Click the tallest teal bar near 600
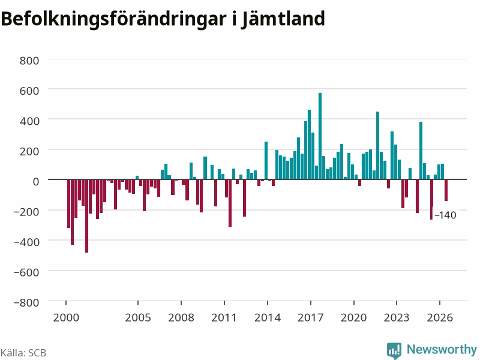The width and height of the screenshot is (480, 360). pyautogui.click(x=320, y=136)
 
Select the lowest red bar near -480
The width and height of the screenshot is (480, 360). pyautogui.click(x=86, y=216)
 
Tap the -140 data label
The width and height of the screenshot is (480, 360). pyautogui.click(x=445, y=215)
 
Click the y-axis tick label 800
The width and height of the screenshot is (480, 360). pyautogui.click(x=29, y=61)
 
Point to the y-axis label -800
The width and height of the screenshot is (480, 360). pyautogui.click(x=26, y=302)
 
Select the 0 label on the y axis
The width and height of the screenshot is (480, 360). pyautogui.click(x=36, y=182)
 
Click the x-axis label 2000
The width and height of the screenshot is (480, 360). pyautogui.click(x=66, y=317)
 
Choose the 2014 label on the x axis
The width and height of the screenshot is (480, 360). pyautogui.click(x=268, y=317)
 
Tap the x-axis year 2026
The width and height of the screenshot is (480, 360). pyautogui.click(x=440, y=317)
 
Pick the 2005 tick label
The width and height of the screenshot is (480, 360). pyautogui.click(x=138, y=317)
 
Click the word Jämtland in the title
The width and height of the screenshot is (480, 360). pyautogui.click(x=283, y=19)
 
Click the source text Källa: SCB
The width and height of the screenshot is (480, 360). pyautogui.click(x=23, y=353)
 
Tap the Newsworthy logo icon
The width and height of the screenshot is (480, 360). pyautogui.click(x=394, y=350)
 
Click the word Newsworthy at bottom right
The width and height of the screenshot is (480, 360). pyautogui.click(x=442, y=349)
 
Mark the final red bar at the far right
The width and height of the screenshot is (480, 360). pyautogui.click(x=446, y=190)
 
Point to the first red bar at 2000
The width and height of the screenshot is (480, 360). pyautogui.click(x=69, y=203)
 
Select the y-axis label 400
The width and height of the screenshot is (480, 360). pyautogui.click(x=29, y=121)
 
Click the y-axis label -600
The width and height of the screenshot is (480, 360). pyautogui.click(x=26, y=272)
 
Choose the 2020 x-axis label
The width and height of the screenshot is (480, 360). pyautogui.click(x=353, y=317)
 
